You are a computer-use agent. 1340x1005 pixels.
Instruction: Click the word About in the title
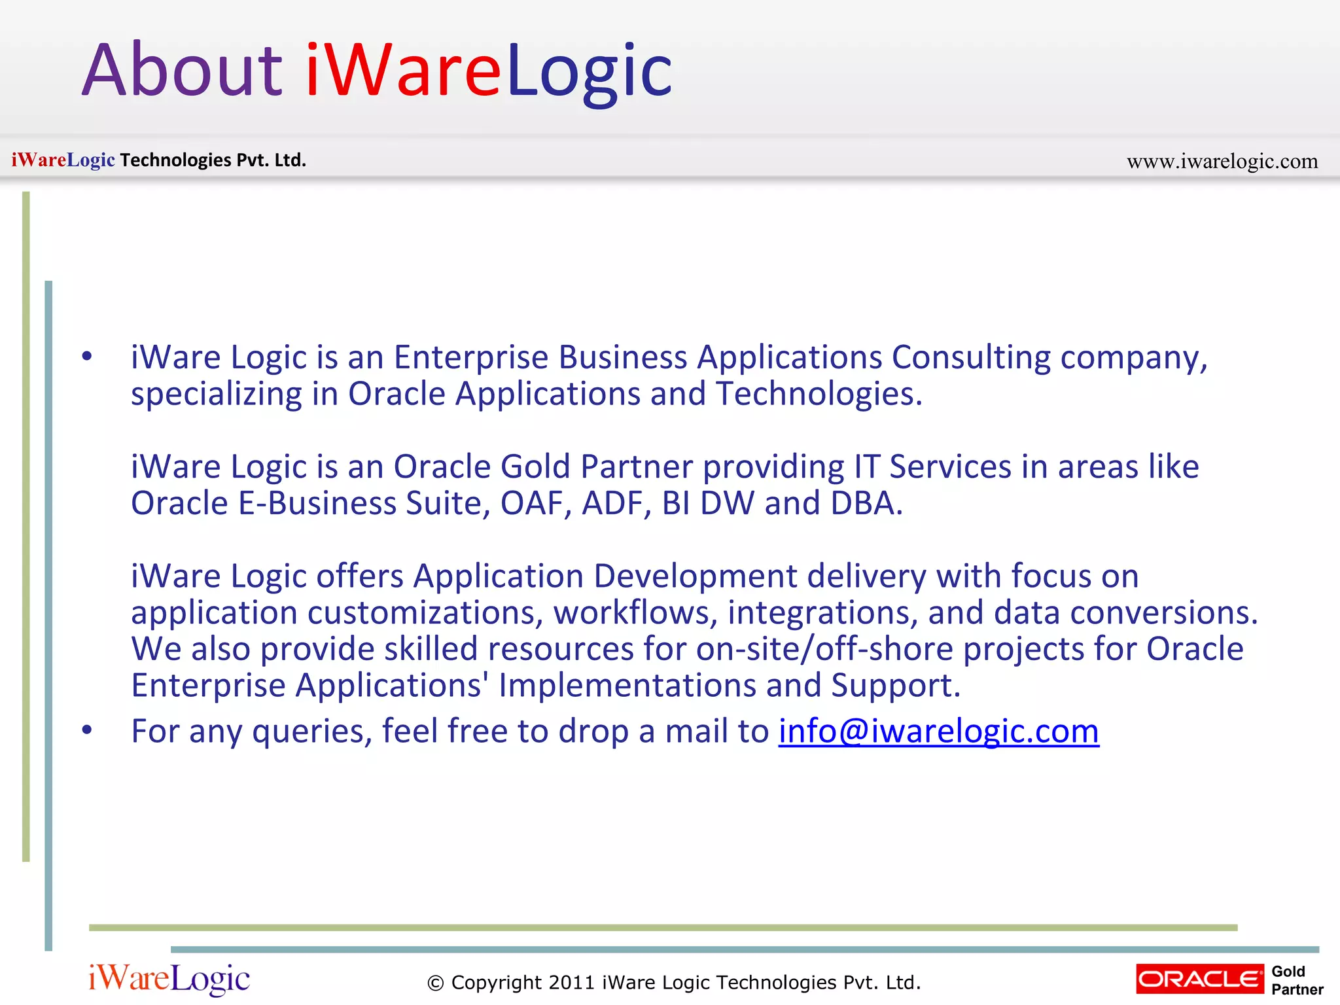point(182,70)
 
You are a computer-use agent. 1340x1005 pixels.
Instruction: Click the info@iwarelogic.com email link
point(938,731)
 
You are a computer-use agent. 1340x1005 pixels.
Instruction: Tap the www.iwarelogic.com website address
point(1222,161)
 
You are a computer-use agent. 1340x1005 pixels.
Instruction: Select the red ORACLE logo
point(1200,979)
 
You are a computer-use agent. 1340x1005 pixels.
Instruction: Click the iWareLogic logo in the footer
point(169,979)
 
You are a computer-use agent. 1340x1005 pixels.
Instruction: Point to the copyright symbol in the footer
point(435,983)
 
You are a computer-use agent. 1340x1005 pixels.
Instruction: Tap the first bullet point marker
point(87,357)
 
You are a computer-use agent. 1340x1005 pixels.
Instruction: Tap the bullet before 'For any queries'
point(87,730)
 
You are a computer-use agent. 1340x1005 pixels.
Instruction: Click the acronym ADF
point(616,503)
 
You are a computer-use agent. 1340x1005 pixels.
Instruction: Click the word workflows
point(635,613)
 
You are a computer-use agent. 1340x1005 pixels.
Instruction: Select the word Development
point(696,576)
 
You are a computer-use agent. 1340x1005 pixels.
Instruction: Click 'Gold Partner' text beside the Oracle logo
point(1297,980)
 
